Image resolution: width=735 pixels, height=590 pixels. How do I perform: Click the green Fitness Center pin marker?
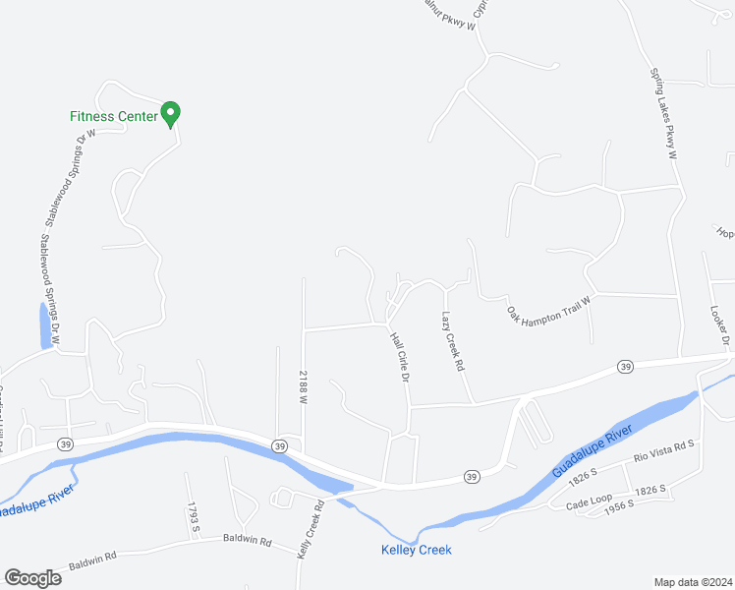(x=170, y=114)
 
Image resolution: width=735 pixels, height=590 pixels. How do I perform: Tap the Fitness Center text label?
(x=113, y=116)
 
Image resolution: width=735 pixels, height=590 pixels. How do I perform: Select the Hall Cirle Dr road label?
(x=399, y=357)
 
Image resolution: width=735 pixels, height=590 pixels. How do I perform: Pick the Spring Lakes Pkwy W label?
(x=663, y=113)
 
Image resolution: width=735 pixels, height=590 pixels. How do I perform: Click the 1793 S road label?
(x=195, y=517)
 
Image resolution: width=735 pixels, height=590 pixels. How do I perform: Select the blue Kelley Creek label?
(x=417, y=550)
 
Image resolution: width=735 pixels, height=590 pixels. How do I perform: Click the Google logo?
(x=32, y=578)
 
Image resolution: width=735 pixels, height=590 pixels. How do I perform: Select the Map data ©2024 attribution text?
(x=694, y=581)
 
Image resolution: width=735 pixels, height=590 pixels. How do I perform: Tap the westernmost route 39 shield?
(x=65, y=443)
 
